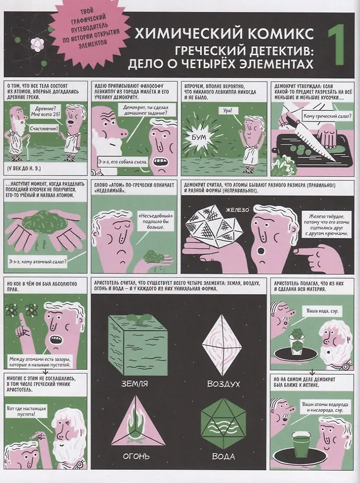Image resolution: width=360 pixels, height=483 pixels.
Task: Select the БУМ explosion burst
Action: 199,137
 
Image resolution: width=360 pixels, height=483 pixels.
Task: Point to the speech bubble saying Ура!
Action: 228,111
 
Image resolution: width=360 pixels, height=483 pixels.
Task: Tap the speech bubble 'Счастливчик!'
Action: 44,129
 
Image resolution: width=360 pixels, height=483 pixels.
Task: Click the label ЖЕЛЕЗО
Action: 237,210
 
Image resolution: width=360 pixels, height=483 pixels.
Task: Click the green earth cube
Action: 138,346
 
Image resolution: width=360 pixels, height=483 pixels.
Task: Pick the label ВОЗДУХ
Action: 223,384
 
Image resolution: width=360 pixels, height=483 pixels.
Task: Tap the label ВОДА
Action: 224,456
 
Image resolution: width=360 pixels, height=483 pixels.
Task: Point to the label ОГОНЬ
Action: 136,456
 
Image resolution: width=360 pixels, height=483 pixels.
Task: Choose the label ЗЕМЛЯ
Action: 134,384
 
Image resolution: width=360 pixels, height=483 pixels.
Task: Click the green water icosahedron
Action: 224,423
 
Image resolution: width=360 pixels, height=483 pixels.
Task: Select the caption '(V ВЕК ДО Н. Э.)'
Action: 23,169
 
